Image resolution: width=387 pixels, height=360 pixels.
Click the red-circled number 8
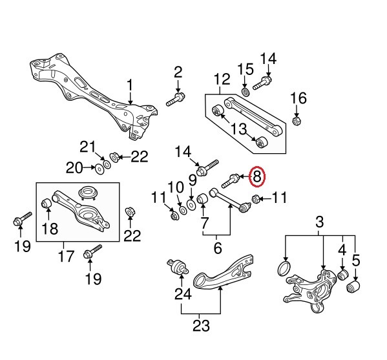pyautogui.click(x=256, y=176)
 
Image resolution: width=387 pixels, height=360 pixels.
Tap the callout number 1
pyautogui.click(x=130, y=85)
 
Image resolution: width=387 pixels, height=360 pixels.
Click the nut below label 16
pyautogui.click(x=297, y=120)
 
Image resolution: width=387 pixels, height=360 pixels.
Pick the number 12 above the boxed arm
pyautogui.click(x=222, y=80)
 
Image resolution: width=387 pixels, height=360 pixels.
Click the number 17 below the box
pyautogui.click(x=66, y=257)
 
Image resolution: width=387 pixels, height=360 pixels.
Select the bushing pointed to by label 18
pyautogui.click(x=47, y=205)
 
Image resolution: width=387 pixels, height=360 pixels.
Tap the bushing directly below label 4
pyautogui.click(x=344, y=277)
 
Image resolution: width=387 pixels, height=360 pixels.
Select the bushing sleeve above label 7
pyautogui.click(x=202, y=198)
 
